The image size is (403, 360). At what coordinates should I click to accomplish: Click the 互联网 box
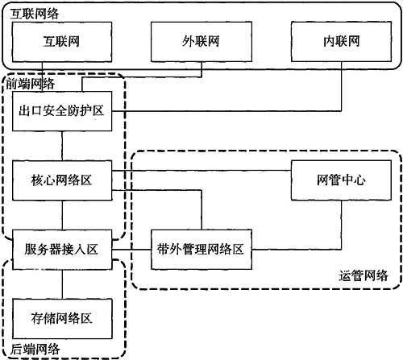tap(62, 42)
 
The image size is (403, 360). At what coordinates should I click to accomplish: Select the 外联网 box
tap(201, 42)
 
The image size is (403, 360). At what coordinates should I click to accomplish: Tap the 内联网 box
tap(341, 42)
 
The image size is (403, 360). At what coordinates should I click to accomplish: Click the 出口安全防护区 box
tap(62, 111)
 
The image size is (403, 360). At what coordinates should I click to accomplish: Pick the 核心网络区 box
tap(62, 180)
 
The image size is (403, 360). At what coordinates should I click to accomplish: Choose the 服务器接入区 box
tap(62, 250)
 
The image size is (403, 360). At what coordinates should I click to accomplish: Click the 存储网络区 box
tap(62, 319)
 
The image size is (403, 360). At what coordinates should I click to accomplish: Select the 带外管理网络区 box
tap(201, 250)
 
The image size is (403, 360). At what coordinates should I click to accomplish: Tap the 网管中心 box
tap(341, 180)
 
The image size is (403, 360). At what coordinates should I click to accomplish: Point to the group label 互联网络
tap(34, 14)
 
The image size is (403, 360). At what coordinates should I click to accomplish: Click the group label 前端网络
tap(31, 84)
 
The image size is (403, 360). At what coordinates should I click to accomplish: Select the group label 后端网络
tap(35, 350)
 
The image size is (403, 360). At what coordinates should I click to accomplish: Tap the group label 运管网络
tap(364, 275)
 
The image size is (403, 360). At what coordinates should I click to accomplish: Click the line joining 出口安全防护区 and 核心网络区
tap(62, 146)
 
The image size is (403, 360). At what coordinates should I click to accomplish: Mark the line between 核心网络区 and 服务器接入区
tap(62, 215)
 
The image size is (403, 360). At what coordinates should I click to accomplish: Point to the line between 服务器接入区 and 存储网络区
tap(62, 284)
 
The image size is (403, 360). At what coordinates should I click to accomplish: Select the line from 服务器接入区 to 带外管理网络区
tap(131, 250)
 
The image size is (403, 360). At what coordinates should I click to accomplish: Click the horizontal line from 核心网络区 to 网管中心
tap(201, 171)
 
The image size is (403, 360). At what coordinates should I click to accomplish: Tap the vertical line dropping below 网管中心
tap(342, 225)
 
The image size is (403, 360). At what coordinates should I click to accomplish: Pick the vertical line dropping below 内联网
tap(342, 86)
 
